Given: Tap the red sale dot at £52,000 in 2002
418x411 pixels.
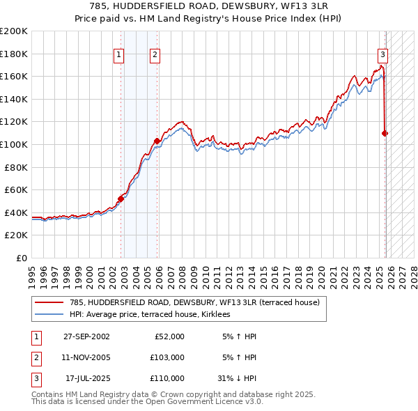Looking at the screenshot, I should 121,199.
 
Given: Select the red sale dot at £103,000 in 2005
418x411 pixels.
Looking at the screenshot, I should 157,141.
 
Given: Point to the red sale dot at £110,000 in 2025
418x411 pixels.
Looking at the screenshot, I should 385,133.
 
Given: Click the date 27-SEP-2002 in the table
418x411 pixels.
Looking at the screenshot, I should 86,336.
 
